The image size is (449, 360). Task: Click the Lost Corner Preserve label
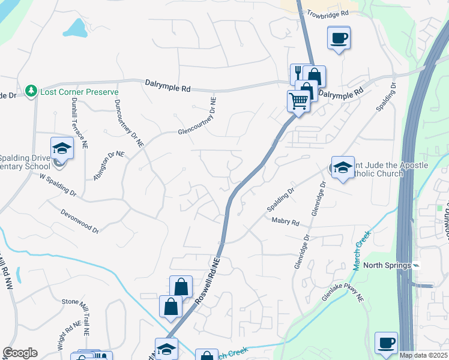(79, 92)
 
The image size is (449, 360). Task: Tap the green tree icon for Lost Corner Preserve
(32, 91)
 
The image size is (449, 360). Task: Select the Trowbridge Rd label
(327, 13)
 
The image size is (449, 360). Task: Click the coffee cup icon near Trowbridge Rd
(339, 38)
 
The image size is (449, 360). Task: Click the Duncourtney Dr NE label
(128, 123)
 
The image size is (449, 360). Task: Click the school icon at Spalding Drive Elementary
(62, 148)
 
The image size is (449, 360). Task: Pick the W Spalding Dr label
(58, 185)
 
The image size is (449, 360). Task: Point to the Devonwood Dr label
(79, 220)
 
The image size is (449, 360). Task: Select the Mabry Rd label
(285, 222)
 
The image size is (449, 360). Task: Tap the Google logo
(20, 353)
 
